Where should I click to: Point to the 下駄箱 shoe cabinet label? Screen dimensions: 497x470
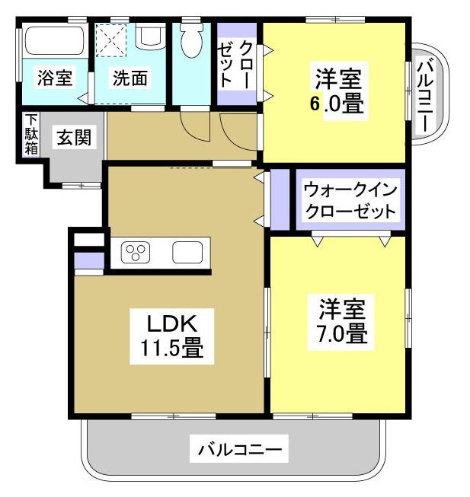(x=30, y=135)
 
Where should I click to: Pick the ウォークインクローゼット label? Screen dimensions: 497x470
(x=350, y=199)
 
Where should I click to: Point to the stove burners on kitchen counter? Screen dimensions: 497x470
(x=139, y=252)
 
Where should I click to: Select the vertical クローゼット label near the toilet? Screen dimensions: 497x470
(x=237, y=64)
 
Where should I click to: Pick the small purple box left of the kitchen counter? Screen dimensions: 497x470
(x=89, y=262)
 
